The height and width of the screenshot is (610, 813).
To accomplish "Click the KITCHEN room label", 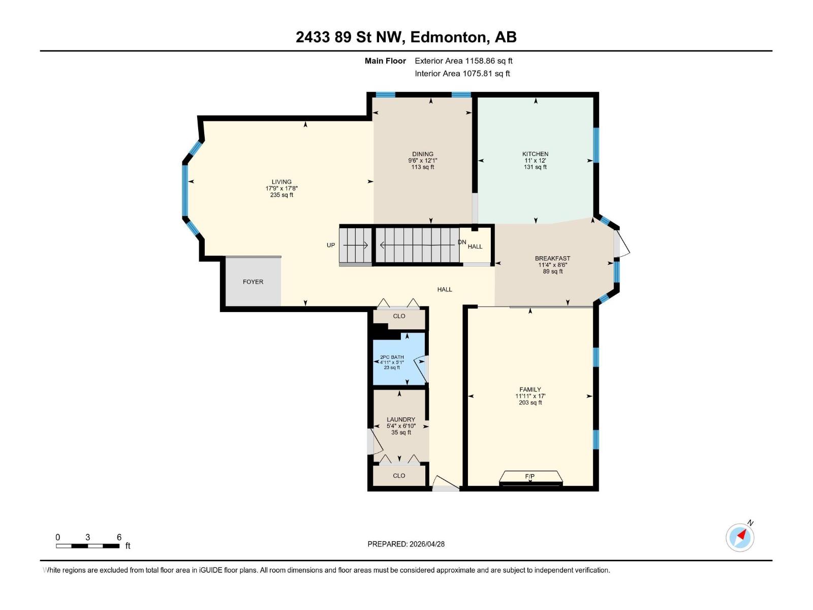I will point(535,154).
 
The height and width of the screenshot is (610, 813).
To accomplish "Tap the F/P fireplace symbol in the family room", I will point(530,477).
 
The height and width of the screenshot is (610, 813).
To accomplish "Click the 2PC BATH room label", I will point(392,357).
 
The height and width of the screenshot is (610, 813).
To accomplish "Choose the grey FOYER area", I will point(253,282).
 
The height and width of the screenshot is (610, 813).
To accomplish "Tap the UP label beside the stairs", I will point(331,245).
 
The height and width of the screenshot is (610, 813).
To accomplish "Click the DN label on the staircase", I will point(462,242).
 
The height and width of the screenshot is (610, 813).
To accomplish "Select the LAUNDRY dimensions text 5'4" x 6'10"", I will point(401,426).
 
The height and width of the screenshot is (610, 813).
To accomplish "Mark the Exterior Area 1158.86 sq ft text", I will point(463,61).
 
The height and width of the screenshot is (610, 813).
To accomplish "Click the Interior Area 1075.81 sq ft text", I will point(462,74).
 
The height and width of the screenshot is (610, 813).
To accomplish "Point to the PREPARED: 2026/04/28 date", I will point(406,544).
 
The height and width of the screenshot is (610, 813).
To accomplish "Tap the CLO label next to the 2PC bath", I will point(399,316).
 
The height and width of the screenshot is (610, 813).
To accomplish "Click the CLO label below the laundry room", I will point(399,476).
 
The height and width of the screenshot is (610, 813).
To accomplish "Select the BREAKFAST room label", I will point(552,258).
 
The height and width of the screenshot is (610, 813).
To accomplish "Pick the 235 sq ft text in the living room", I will point(282,195).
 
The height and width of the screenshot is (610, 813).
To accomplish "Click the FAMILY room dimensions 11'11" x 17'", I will point(530,396).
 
